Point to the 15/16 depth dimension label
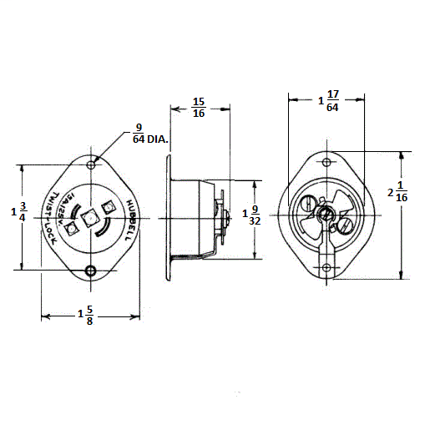[x=199, y=107]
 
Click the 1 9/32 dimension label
[x=250, y=214]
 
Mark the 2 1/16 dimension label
[x=397, y=193]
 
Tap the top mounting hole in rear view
[x=326, y=161]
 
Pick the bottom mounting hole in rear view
[x=326, y=268]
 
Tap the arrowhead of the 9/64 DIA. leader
[x=99, y=155]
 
